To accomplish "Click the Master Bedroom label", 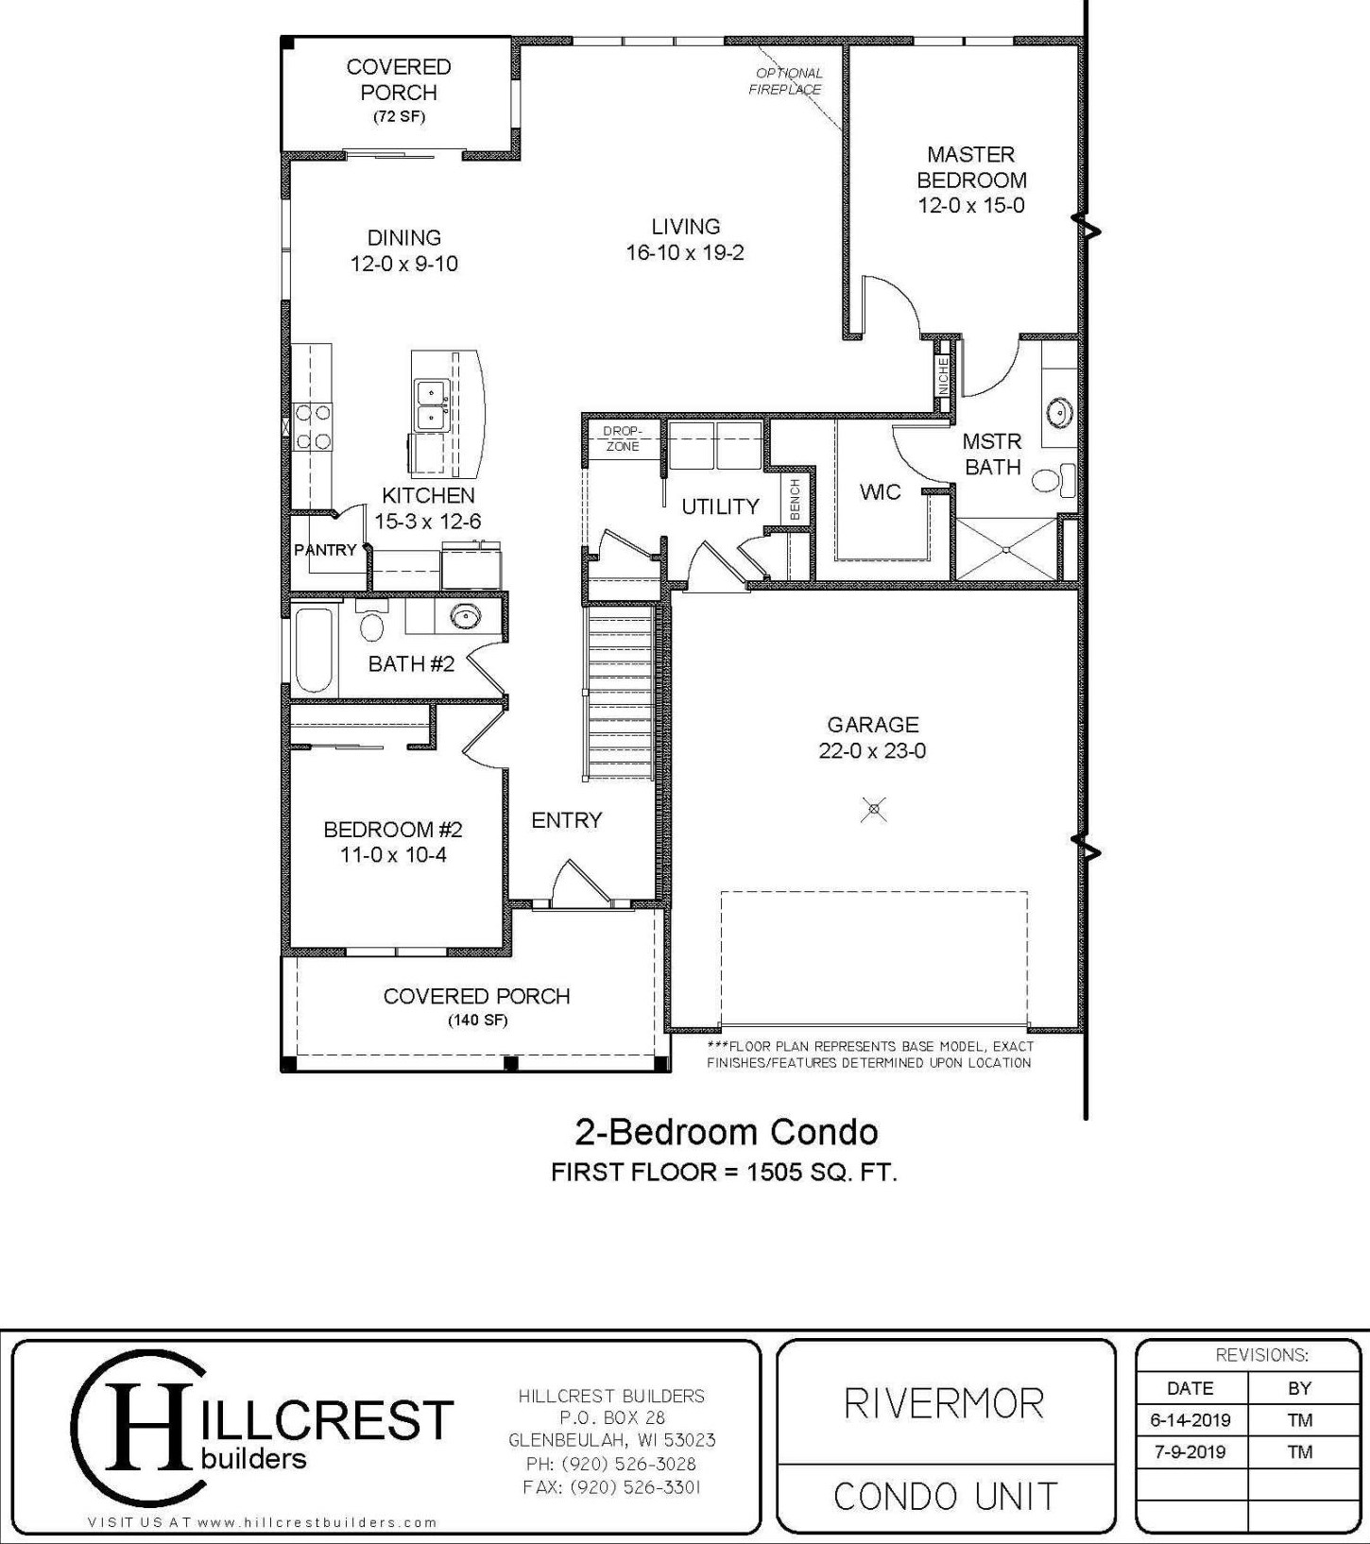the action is pos(971,166).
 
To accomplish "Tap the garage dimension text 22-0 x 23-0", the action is pos(872,751).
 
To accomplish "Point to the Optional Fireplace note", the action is pos(786,81).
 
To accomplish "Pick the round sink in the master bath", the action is pos(1057,412).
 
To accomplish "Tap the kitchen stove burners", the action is pos(312,426).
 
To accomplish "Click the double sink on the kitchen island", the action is pos(432,403).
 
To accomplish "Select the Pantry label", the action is pos(325,550).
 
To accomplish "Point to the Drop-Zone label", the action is pos(622,438).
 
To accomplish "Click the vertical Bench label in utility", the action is pos(795,499).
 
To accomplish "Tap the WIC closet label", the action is pos(880,492).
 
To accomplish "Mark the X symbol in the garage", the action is pos(875,809).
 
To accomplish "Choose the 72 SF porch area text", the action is pos(399,117).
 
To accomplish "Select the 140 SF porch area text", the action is pos(477,1021).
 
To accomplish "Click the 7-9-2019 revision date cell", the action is pos(1190,1451).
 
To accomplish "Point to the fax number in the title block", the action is pos(611,1487).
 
